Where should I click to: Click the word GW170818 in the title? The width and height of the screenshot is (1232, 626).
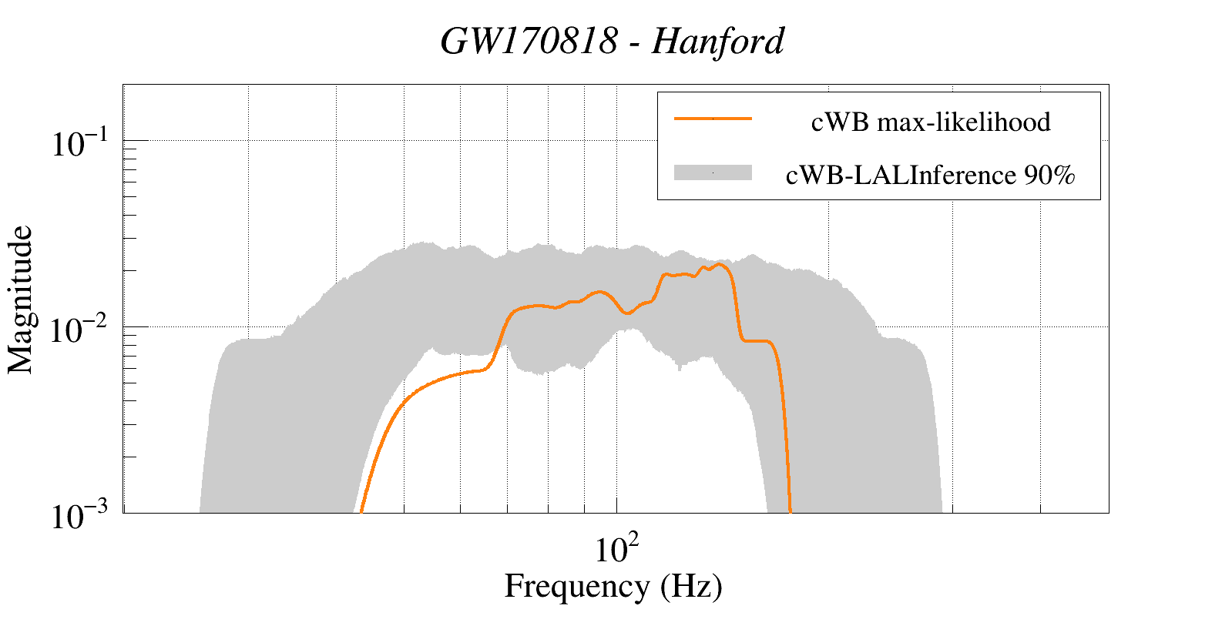[x=529, y=42]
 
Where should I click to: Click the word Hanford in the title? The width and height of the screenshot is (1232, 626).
[x=718, y=42]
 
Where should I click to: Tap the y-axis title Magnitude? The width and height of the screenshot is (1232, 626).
[x=21, y=300]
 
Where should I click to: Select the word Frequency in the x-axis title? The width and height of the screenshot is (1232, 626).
[x=577, y=587]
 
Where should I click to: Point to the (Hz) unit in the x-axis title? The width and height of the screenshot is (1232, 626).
[x=691, y=587]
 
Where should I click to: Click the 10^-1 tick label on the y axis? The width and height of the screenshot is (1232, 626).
[x=82, y=143]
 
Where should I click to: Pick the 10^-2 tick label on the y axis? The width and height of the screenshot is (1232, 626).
[x=82, y=330]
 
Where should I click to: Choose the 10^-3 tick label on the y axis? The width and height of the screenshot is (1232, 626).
[x=82, y=517]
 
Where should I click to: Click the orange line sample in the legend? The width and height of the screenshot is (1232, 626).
[x=713, y=119]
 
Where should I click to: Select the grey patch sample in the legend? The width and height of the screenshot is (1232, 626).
[x=713, y=172]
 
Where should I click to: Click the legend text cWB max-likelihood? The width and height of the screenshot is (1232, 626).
[x=931, y=122]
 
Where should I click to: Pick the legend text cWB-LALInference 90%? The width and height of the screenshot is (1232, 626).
[x=930, y=176]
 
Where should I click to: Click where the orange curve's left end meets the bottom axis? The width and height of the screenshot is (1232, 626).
[x=361, y=511]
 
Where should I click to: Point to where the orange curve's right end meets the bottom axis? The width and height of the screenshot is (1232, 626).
[x=791, y=511]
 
